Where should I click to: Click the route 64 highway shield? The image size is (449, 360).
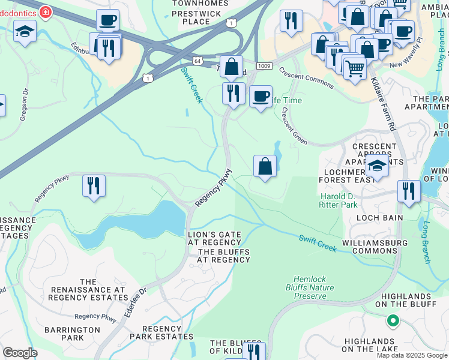pyautogui.click(x=197, y=61)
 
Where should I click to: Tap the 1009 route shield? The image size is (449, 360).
pyautogui.click(x=264, y=65)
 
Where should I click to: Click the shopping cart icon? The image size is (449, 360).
pyautogui.click(x=355, y=69)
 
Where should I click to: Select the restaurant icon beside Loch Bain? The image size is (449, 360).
pyautogui.click(x=409, y=191)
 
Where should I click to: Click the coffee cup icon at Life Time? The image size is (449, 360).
pyautogui.click(x=261, y=96)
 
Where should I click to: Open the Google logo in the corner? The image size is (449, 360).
pyautogui.click(x=20, y=353)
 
